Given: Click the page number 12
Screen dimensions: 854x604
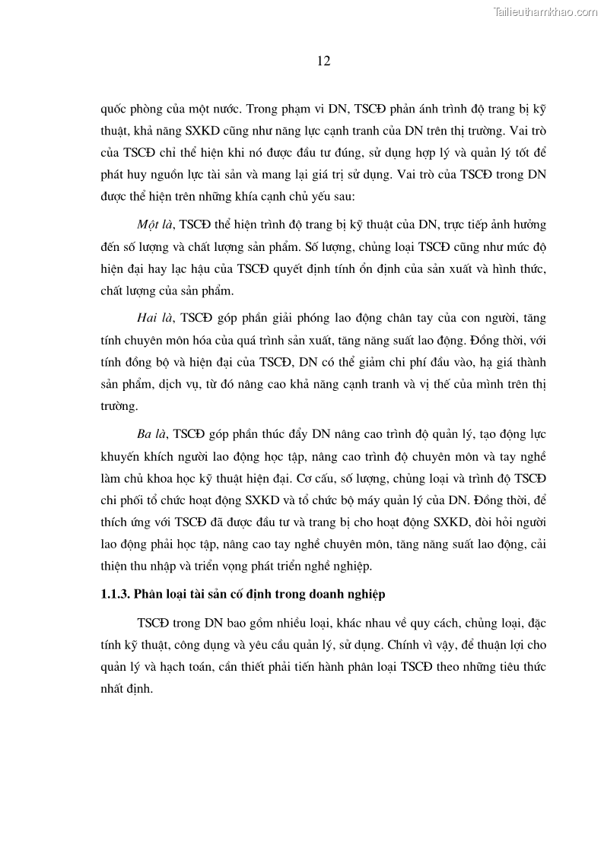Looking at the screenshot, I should coord(323,62).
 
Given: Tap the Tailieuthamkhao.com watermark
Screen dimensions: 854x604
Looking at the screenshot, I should coord(546,11).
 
